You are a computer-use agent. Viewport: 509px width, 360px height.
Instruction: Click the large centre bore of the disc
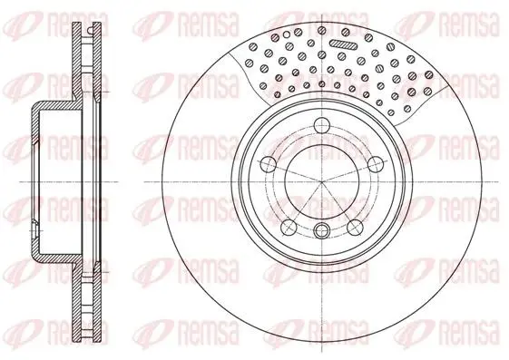point(321,182)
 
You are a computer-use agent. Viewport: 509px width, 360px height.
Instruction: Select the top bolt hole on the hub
point(322,124)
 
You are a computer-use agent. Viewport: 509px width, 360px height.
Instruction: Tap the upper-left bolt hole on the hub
point(269,164)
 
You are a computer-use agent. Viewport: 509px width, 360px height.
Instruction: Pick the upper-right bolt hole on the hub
point(376,163)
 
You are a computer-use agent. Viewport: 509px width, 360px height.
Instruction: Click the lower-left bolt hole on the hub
point(289,227)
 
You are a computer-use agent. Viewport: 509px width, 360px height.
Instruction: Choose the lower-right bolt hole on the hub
point(355,227)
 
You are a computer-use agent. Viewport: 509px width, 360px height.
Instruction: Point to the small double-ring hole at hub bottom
point(321,229)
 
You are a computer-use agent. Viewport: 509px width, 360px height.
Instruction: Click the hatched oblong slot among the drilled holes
point(342,44)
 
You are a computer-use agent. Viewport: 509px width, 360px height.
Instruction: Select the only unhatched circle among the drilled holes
point(287,34)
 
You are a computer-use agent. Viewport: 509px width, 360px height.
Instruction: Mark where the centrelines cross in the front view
point(321,182)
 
